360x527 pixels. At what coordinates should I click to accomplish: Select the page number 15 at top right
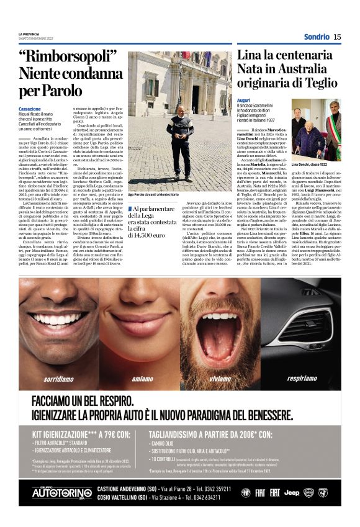click(337, 37)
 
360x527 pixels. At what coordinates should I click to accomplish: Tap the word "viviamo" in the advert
click(222, 377)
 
